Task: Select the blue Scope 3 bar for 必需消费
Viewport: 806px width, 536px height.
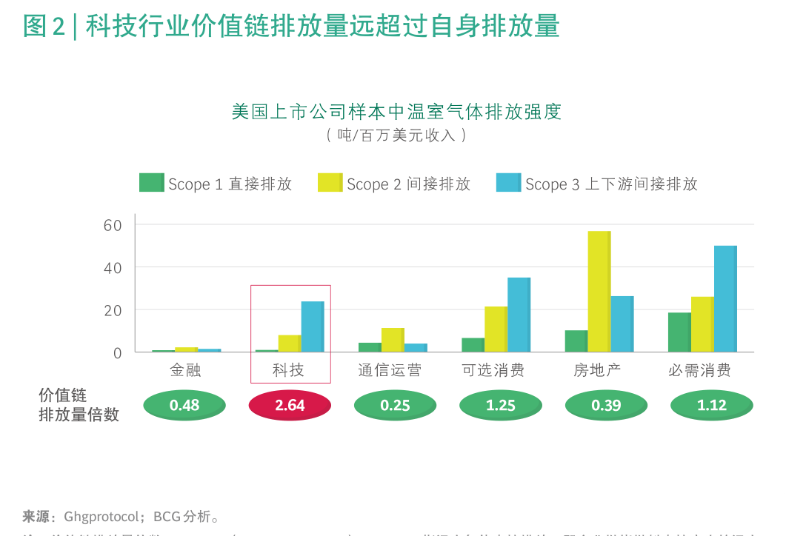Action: [x=725, y=299]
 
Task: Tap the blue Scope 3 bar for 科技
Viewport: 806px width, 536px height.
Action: [x=312, y=326]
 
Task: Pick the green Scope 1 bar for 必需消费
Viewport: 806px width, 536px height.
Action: [x=679, y=332]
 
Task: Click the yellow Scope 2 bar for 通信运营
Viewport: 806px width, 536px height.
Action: [x=393, y=340]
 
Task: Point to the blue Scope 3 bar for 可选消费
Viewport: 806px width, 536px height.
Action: [x=519, y=315]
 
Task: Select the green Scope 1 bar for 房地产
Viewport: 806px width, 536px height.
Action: [x=576, y=341]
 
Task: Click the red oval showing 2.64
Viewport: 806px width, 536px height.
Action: [x=290, y=405]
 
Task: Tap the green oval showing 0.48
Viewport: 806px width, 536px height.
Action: [x=184, y=405]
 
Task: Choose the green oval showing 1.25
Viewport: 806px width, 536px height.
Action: [x=501, y=405]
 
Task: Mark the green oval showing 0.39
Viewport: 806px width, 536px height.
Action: [x=606, y=405]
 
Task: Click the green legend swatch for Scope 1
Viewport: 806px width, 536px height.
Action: [x=151, y=183]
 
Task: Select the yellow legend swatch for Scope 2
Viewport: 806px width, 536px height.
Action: [x=330, y=183]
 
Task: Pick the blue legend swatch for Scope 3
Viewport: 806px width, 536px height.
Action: [x=508, y=183]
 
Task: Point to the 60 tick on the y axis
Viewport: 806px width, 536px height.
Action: [x=113, y=225]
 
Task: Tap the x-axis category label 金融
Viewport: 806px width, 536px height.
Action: [x=185, y=370]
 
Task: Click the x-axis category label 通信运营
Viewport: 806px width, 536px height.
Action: [x=390, y=370]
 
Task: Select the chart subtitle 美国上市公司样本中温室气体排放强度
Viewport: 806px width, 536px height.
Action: [x=396, y=112]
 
